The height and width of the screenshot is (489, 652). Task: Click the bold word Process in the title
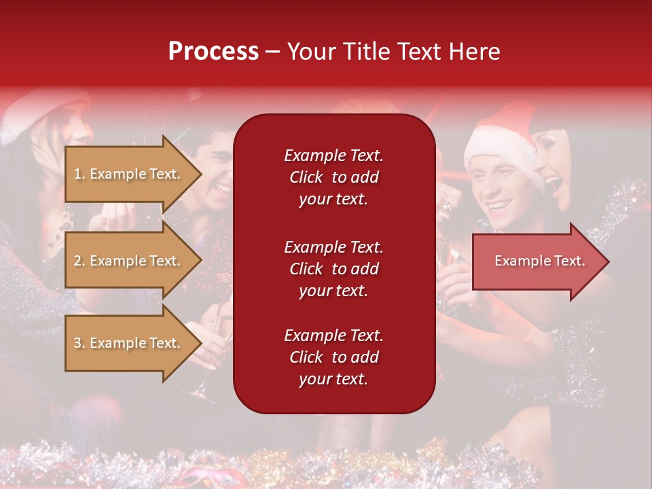pyautogui.click(x=213, y=52)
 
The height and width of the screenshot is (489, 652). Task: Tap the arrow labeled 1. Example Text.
pyautogui.click(x=129, y=174)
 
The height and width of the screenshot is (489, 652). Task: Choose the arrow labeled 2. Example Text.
pyautogui.click(x=129, y=261)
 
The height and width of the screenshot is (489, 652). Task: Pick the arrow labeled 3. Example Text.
pyautogui.click(x=129, y=343)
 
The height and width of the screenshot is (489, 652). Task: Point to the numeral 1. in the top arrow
pyautogui.click(x=79, y=174)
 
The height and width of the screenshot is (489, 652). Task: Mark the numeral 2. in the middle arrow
pyautogui.click(x=79, y=261)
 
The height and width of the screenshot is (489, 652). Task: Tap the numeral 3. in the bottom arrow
pyautogui.click(x=79, y=343)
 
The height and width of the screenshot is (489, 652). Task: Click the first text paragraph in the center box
pyautogui.click(x=333, y=177)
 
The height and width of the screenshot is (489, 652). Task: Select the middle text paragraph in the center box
pyautogui.click(x=333, y=269)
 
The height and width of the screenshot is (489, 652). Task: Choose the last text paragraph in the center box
pyautogui.click(x=333, y=357)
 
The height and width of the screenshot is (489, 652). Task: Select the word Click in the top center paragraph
pyautogui.click(x=306, y=177)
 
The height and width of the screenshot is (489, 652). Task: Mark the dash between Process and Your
pyautogui.click(x=272, y=52)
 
